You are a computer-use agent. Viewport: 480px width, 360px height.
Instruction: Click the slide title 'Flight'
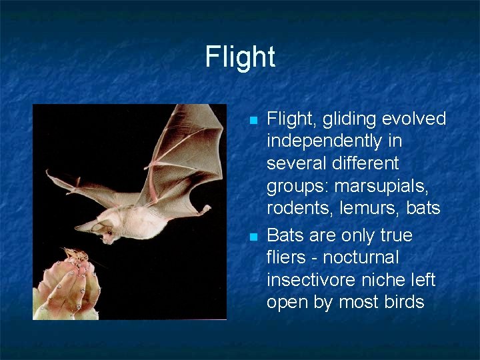pos(240,57)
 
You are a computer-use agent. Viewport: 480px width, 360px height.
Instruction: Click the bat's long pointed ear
pos(88,226)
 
